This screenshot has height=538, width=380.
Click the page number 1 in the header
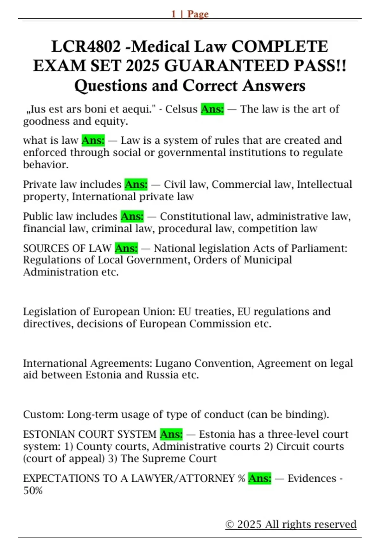point(174,14)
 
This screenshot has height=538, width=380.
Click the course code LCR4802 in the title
point(86,47)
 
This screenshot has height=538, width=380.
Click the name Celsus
point(181,109)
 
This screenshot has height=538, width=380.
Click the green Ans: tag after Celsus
point(212,109)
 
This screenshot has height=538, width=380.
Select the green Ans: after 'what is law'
point(93,140)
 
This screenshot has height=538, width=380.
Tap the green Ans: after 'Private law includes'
point(136,184)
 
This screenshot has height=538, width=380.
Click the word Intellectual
point(324,184)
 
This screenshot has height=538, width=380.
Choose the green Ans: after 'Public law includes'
point(132,216)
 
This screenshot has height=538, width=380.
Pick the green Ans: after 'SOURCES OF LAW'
point(126,248)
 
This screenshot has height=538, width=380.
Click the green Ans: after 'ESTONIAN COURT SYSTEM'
point(171,434)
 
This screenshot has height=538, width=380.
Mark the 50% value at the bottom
point(33,491)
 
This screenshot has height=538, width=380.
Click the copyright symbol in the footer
point(229,524)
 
